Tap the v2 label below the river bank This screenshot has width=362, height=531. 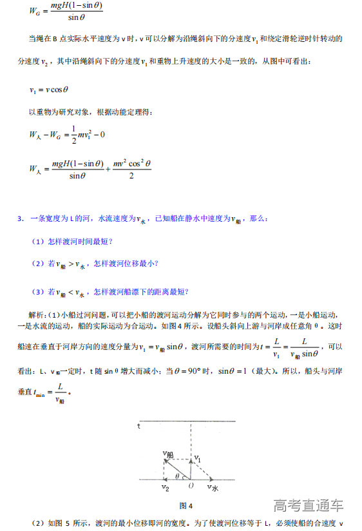pyautogui.click(x=166, y=489)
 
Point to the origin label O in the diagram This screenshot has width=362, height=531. pyautogui.click(x=190, y=485)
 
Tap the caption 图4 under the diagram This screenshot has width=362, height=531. pyautogui.click(x=186, y=505)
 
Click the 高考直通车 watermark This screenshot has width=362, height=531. pyautogui.click(x=308, y=505)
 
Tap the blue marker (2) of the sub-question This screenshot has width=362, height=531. pyautogui.click(x=37, y=263)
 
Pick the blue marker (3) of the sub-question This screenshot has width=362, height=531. pyautogui.click(x=37, y=292)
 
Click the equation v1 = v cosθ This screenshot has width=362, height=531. pyautogui.click(x=48, y=90)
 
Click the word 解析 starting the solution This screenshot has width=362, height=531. pyautogui.click(x=37, y=314)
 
